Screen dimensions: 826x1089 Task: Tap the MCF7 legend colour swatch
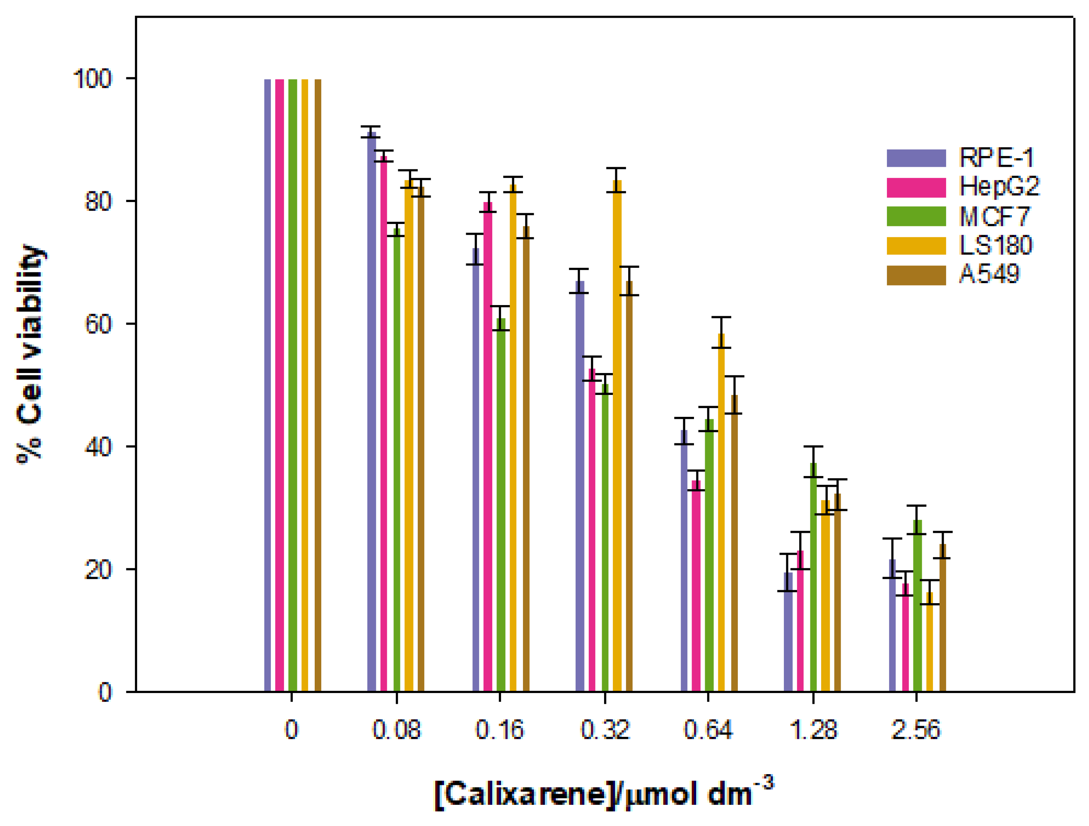pyautogui.click(x=916, y=216)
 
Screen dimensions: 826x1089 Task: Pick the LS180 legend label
pyautogui.click(x=996, y=245)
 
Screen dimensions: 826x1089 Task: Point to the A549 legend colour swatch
pyautogui.click(x=916, y=275)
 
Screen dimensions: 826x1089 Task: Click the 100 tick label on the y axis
pyautogui.click(x=93, y=79)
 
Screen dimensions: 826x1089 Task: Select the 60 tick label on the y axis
pyautogui.click(x=98, y=324)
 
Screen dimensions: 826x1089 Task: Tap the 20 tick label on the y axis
pyautogui.click(x=98, y=569)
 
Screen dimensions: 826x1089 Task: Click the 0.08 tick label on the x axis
pyautogui.click(x=396, y=730)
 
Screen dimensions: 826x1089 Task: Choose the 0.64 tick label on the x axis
pyautogui.click(x=708, y=730)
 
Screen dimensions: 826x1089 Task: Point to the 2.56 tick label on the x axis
pyautogui.click(x=916, y=730)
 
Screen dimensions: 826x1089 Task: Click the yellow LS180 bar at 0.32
pyautogui.click(x=617, y=438)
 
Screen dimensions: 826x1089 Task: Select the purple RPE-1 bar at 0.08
pyautogui.click(x=372, y=413)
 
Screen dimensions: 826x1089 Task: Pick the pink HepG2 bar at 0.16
pyautogui.click(x=487, y=448)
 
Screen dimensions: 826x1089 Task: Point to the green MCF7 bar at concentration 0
pyautogui.click(x=292, y=384)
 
